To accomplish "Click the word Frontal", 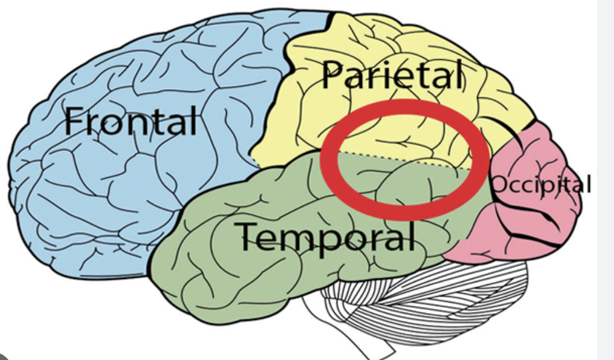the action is coord(131,121).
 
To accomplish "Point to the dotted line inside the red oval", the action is coord(404,159).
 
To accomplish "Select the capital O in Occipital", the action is coord(498,185).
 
